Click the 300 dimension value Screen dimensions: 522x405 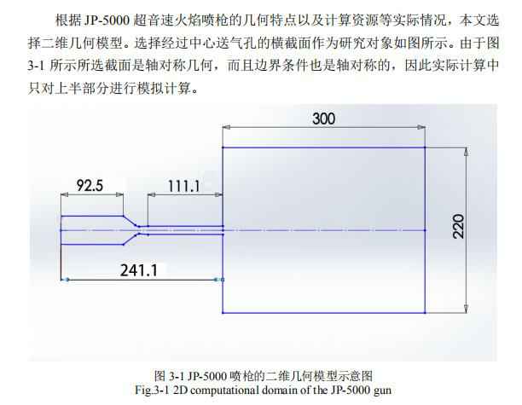coord(323,119)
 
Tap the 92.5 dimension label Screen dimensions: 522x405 coord(90,185)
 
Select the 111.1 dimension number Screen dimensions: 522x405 coord(183,186)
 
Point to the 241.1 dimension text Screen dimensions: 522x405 coord(138,270)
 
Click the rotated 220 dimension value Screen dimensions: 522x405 coord(458,226)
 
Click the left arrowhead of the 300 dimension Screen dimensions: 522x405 coord(226,127)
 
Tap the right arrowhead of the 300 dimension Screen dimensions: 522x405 coord(421,127)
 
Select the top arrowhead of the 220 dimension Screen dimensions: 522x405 coord(466,152)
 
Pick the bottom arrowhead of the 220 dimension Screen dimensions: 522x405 coord(466,309)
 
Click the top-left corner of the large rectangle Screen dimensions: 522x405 coord(223,148)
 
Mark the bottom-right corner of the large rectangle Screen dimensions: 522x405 coord(425,312)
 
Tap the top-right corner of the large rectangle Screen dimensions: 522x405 coord(425,148)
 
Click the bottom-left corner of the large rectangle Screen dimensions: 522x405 coord(223,312)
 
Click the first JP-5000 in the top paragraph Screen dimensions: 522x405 coord(107,20)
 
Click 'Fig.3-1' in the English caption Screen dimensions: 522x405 coord(154,390)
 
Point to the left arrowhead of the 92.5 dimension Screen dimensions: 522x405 coord(65,194)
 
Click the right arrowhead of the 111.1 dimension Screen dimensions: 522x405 coord(218,194)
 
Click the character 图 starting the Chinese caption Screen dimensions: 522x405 coord(159,376)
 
